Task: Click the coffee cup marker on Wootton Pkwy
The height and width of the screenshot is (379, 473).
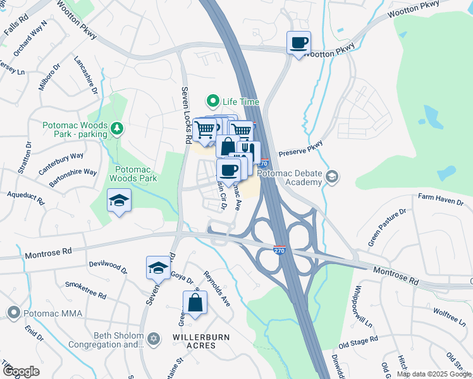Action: [298, 44]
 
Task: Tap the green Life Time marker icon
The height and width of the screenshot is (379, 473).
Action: [213, 101]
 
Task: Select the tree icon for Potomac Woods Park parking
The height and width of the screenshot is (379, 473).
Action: [116, 129]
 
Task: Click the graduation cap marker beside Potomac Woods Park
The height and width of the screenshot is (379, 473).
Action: [119, 201]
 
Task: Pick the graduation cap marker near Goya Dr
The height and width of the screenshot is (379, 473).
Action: [158, 268]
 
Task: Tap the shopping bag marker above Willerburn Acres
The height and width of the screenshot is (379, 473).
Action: [195, 303]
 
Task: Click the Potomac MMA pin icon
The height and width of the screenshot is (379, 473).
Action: [13, 313]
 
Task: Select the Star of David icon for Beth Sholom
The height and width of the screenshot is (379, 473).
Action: [152, 340]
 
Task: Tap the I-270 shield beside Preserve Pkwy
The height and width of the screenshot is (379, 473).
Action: [265, 163]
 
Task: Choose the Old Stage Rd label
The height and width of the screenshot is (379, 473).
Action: [357, 342]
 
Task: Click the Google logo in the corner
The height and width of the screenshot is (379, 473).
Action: [21, 371]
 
